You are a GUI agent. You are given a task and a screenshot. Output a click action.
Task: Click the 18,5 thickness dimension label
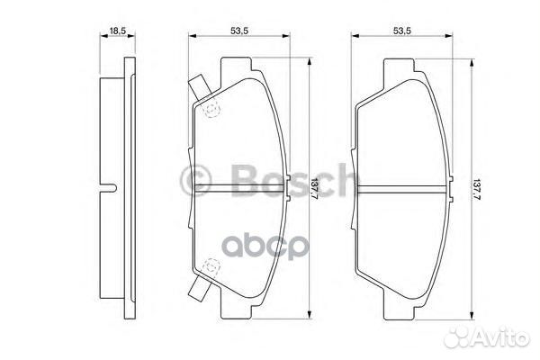[117, 32]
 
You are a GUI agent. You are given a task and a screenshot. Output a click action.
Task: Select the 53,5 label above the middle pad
[238, 31]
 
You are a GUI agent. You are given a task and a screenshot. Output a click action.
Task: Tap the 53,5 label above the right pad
[401, 31]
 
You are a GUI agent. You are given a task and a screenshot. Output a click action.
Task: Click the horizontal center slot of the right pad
[403, 188]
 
